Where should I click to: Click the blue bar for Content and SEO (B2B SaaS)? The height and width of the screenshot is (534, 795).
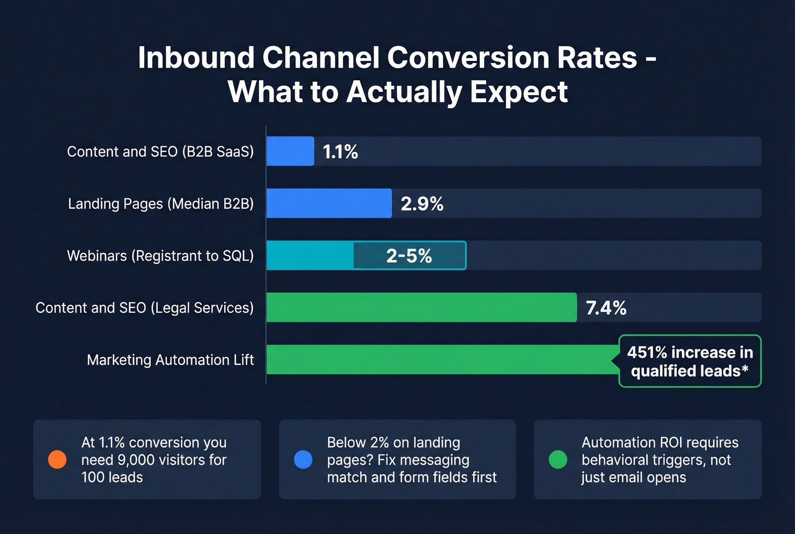(290, 151)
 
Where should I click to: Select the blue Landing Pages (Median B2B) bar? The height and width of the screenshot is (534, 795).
(329, 204)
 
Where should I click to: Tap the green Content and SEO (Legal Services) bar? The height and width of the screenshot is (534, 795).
(421, 308)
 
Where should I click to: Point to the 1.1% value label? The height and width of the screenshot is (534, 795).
(340, 152)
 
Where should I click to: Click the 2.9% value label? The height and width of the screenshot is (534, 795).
(422, 204)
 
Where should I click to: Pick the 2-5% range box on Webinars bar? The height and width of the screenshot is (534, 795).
(409, 256)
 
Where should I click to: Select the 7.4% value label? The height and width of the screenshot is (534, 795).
(606, 308)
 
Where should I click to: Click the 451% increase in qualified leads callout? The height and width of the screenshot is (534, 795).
(689, 361)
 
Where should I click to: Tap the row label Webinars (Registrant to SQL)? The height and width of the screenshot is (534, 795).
(160, 256)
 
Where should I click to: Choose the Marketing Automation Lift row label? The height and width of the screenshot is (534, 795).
(170, 360)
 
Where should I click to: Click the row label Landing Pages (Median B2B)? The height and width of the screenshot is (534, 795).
(161, 204)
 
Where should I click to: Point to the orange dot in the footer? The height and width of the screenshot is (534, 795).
(57, 460)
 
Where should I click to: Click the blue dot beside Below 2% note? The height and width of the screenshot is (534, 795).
(303, 460)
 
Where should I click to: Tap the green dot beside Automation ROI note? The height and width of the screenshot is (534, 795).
(558, 460)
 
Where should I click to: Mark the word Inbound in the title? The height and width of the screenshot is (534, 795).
(196, 58)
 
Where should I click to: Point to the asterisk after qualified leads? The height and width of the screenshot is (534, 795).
(745, 369)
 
